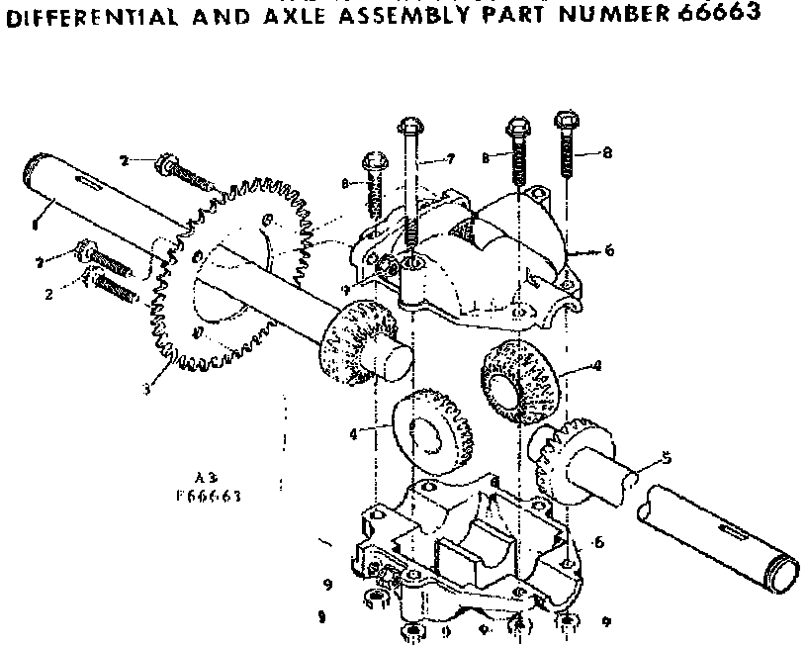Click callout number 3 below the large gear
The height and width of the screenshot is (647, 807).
[145, 388]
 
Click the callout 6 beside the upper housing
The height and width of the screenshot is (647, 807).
[609, 251]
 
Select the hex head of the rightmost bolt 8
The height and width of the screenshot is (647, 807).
[567, 120]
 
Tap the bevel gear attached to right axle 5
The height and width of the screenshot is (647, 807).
[566, 457]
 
